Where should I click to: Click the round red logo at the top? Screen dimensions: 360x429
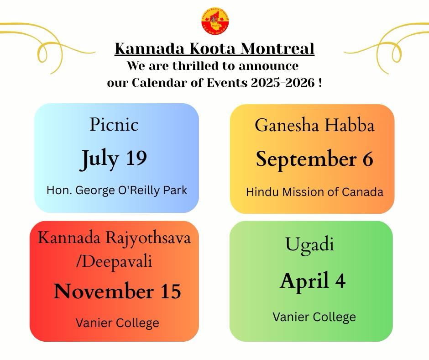click(214, 21)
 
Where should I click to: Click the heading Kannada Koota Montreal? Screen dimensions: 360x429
click(214, 48)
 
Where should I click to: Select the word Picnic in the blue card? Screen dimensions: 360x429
click(114, 124)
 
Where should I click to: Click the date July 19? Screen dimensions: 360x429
click(114, 158)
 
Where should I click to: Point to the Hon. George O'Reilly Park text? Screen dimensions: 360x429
click(117, 190)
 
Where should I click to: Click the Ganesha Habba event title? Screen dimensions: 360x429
click(314, 125)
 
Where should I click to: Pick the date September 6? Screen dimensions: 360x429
click(314, 159)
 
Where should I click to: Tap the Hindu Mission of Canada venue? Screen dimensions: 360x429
click(314, 192)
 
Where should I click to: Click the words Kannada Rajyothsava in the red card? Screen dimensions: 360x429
click(114, 238)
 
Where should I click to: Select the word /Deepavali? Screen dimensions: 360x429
click(114, 262)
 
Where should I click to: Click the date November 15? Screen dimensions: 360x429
click(117, 291)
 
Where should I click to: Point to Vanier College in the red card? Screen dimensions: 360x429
click(117, 323)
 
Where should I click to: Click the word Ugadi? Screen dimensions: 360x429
click(309, 244)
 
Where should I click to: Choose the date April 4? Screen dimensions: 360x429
click(313, 281)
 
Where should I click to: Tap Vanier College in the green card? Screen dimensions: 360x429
click(314, 317)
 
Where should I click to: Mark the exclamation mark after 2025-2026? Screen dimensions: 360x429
click(320, 83)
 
